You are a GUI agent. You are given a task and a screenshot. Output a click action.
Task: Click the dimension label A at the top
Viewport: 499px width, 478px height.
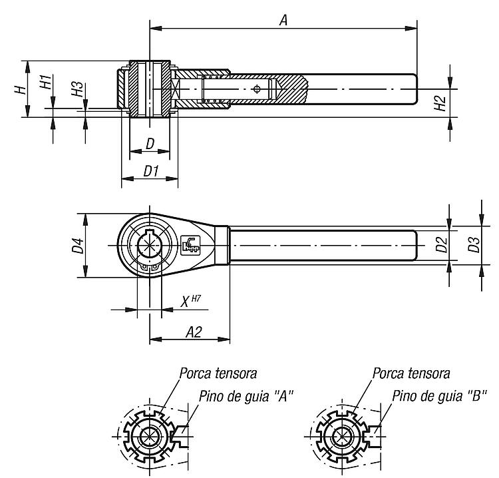(x=283, y=21)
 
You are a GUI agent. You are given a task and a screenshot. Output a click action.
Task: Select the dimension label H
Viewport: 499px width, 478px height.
(x=21, y=89)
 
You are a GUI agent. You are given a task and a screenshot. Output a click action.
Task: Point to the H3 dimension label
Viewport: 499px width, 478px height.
(x=77, y=89)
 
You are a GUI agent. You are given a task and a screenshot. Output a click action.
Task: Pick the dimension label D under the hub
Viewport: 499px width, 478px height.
(x=150, y=144)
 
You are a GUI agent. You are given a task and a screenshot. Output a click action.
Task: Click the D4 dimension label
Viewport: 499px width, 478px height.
(x=78, y=245)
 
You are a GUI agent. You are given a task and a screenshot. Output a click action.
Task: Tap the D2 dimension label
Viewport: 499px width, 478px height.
(x=441, y=244)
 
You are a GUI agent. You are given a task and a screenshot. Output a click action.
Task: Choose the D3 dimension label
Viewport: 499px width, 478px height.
(x=474, y=244)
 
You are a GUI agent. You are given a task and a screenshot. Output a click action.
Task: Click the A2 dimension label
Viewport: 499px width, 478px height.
(x=194, y=332)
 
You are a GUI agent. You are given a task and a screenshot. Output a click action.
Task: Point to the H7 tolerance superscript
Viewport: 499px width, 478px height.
(x=196, y=298)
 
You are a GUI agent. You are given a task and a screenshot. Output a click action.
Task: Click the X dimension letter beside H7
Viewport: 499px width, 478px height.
(x=185, y=302)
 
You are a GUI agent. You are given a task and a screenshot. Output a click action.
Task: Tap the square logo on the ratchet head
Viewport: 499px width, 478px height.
(x=190, y=245)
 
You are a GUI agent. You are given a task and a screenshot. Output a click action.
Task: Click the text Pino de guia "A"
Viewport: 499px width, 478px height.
(x=246, y=397)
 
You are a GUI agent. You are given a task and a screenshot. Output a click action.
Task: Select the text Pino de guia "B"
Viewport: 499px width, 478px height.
(x=439, y=396)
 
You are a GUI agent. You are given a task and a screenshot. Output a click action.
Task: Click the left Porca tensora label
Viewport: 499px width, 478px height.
(x=218, y=373)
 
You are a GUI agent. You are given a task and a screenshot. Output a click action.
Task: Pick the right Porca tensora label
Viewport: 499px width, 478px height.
(x=411, y=373)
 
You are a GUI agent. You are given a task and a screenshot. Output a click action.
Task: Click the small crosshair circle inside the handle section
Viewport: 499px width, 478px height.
(x=257, y=89)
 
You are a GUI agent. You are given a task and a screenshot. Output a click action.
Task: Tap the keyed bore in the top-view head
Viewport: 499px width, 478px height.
(x=150, y=245)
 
